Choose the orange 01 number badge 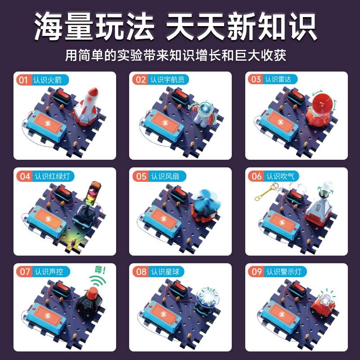[23, 80]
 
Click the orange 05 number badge [141, 176]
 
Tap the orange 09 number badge [256, 272]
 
